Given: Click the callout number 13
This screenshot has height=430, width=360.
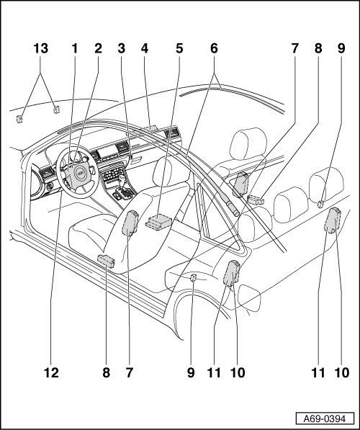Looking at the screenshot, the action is pyautogui.click(x=41, y=48).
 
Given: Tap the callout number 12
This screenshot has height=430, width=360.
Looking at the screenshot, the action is pyautogui.click(x=51, y=372).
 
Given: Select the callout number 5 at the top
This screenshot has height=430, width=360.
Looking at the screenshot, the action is pyautogui.click(x=179, y=48).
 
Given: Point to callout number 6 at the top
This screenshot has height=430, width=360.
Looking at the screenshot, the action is pyautogui.click(x=214, y=48).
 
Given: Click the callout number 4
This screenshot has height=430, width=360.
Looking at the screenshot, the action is pyautogui.click(x=145, y=48).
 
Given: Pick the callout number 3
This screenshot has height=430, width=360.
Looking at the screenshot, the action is pyautogui.click(x=122, y=48).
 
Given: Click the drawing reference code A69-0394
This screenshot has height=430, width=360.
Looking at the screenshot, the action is pyautogui.click(x=325, y=418).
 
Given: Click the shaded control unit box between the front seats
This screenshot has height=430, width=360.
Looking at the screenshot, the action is pyautogui.click(x=158, y=222).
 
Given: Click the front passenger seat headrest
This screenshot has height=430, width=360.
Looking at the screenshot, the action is pyautogui.click(x=248, y=143).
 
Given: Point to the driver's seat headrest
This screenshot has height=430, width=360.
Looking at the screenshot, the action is pyautogui.click(x=171, y=171).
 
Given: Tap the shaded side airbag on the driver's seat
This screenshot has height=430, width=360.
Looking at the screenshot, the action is pyautogui.click(x=130, y=223).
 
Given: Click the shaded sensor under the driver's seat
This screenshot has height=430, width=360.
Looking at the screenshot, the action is pyautogui.click(x=106, y=261).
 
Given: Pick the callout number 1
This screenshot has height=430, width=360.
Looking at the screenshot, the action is pyautogui.click(x=75, y=48).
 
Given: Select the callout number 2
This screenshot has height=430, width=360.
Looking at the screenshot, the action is pyautogui.click(x=98, y=48).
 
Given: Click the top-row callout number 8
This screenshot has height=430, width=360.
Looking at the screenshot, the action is pyautogui.click(x=318, y=48).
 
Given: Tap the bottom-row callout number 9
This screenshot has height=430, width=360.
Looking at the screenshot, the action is pyautogui.click(x=191, y=372).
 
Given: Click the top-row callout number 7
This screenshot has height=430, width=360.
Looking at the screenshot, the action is pyautogui.click(x=294, y=48).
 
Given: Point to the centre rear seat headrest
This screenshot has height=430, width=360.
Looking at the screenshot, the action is pyautogui.click(x=291, y=205).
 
